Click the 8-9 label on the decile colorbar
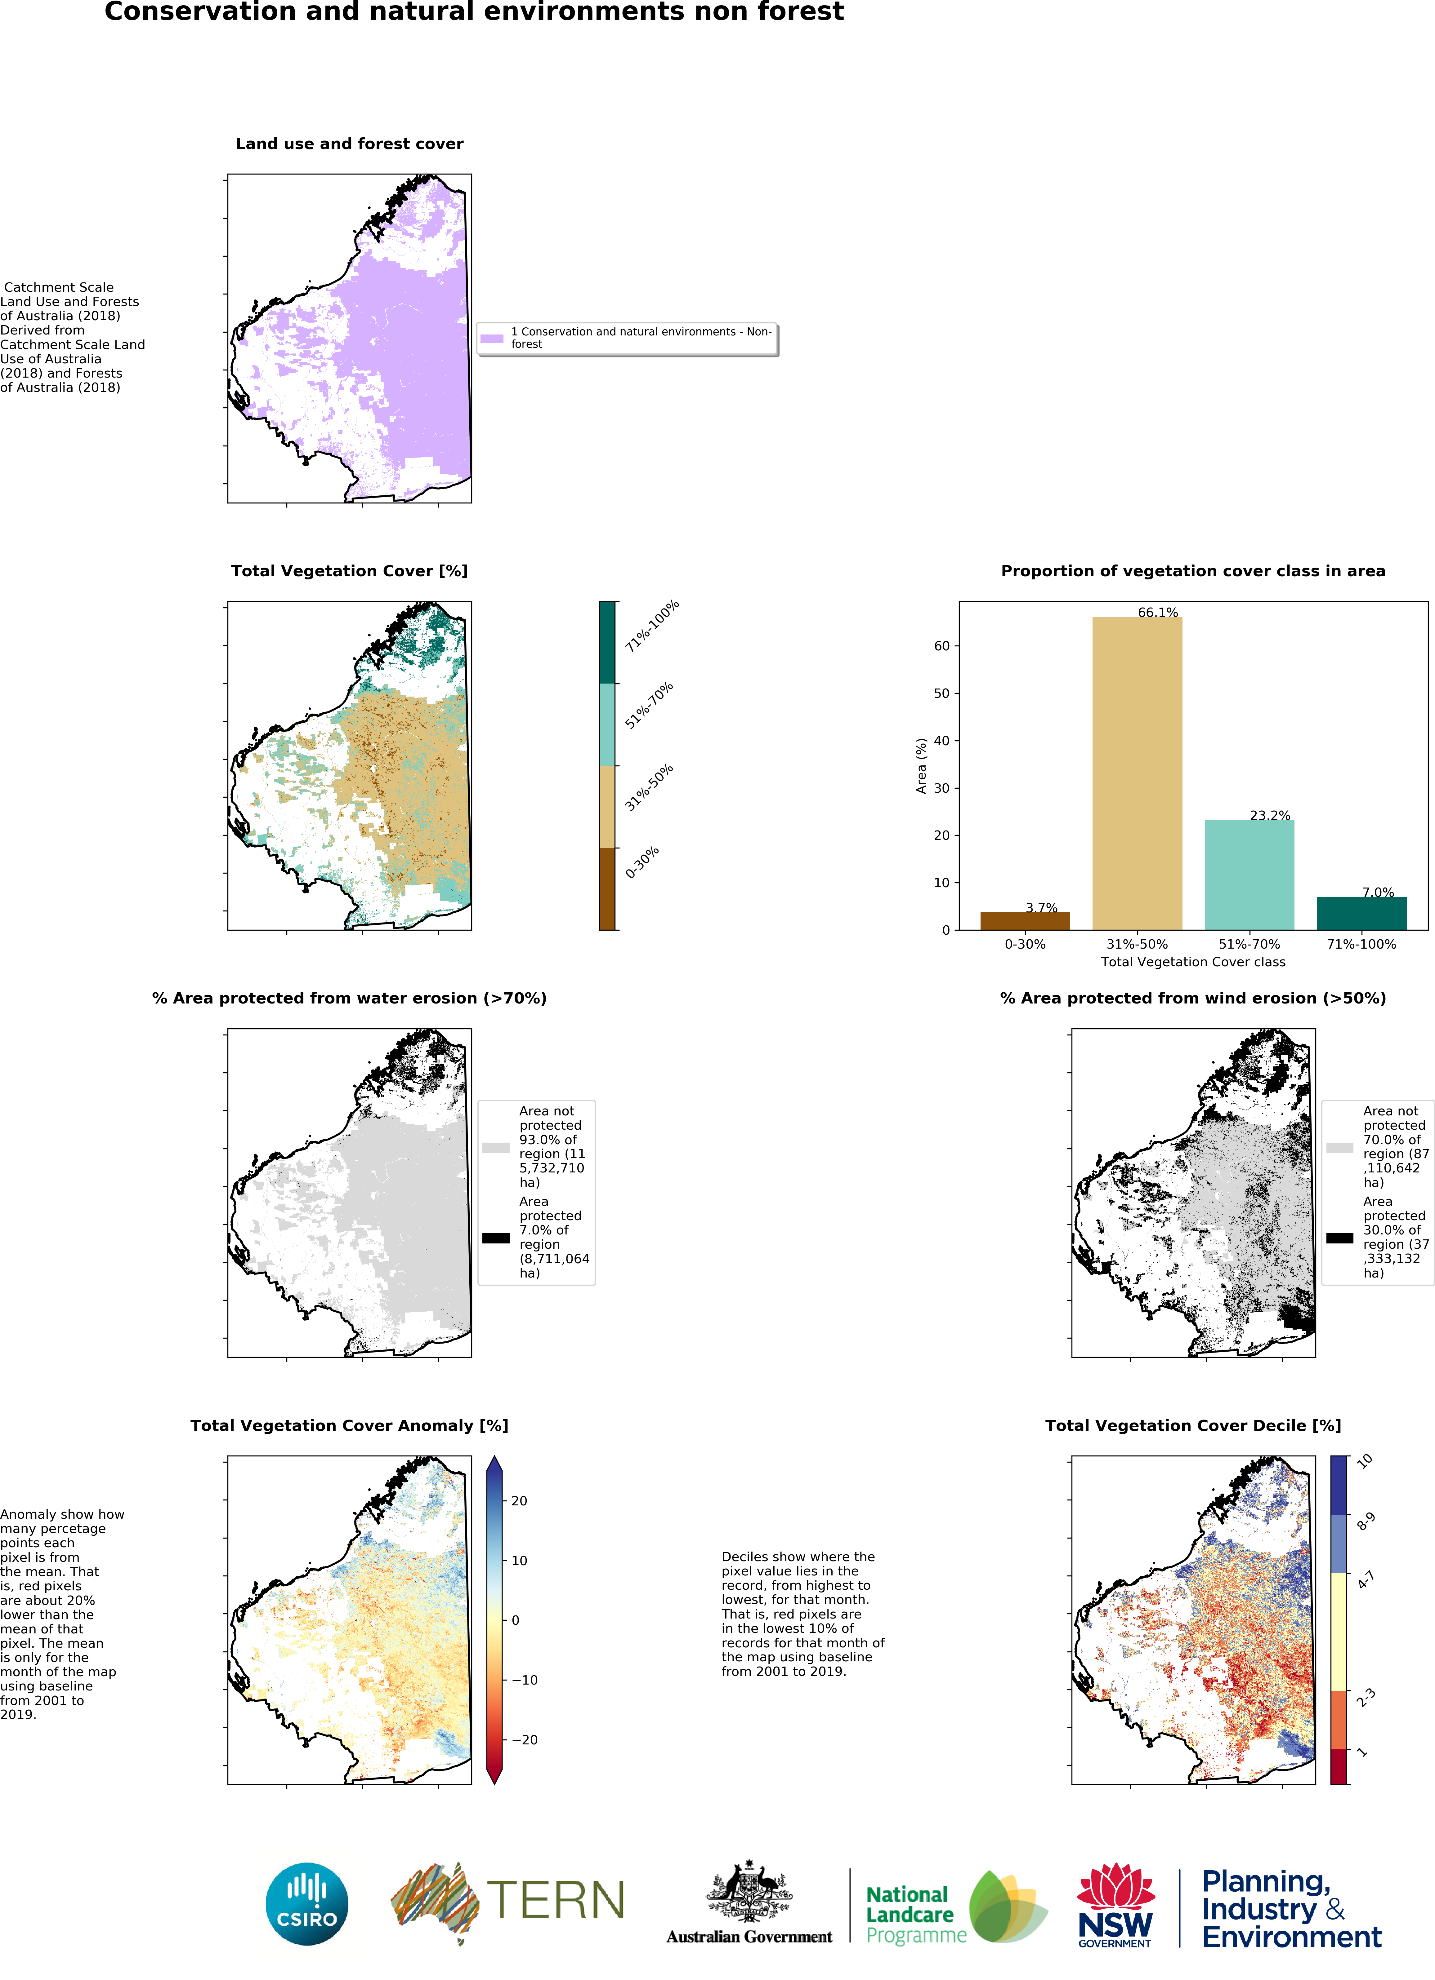pos(1365,1522)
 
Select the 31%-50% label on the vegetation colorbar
pos(649,787)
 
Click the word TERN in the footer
pos(556,1901)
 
